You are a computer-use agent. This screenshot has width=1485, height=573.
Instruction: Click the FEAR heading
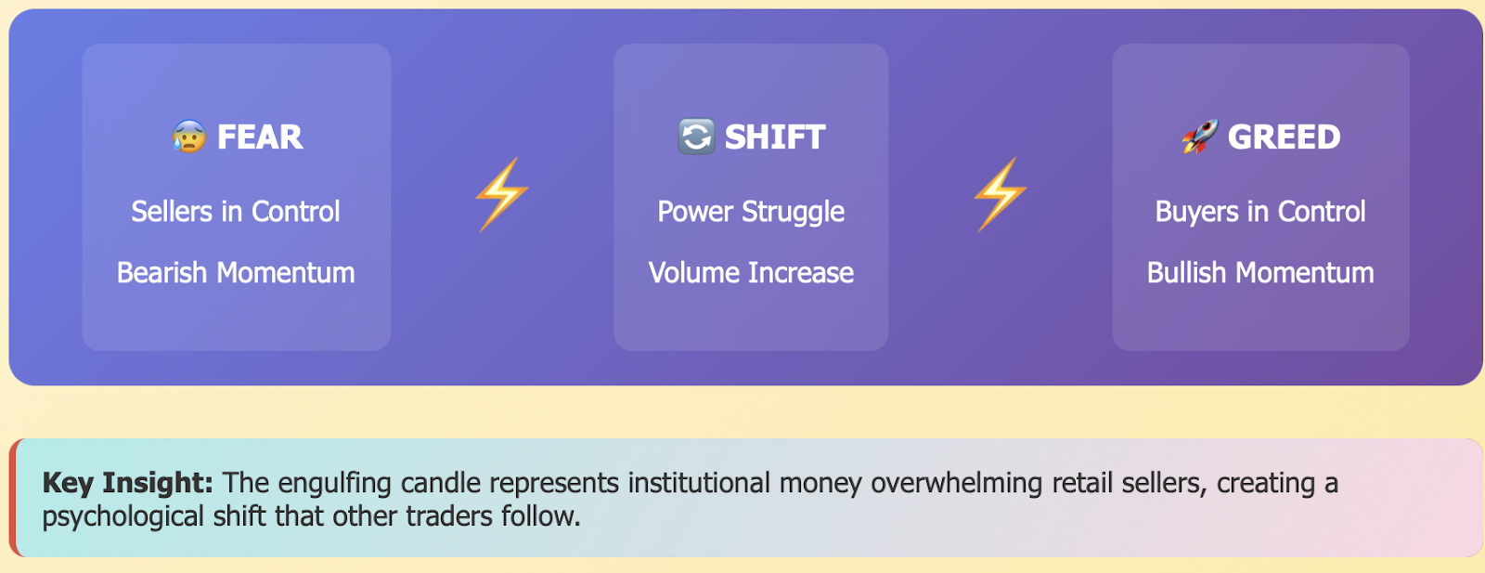(260, 137)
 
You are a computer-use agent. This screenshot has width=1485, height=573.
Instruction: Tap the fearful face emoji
(189, 137)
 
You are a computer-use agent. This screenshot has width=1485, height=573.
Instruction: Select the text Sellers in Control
(236, 212)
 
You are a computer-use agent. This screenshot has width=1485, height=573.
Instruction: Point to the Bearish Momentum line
(236, 273)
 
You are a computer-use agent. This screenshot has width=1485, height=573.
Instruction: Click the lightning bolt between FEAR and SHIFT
(502, 194)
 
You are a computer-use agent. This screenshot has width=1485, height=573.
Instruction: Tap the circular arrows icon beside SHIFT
(696, 137)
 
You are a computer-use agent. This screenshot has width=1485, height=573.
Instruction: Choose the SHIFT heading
(775, 137)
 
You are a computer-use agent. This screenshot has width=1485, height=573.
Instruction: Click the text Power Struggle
(751, 213)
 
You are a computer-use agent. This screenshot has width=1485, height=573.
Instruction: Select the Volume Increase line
(751, 273)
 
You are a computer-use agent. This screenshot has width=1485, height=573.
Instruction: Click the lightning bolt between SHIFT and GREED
(1001, 194)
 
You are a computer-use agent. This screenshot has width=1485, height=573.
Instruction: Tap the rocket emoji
(1200, 137)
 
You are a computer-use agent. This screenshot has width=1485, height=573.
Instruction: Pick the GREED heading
(1285, 137)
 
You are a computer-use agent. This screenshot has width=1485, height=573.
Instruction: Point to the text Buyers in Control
(1260, 213)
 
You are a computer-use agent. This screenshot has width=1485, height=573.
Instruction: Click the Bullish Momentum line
(1260, 273)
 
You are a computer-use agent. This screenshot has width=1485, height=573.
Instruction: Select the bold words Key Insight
(128, 483)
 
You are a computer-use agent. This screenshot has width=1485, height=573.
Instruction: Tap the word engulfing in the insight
(334, 484)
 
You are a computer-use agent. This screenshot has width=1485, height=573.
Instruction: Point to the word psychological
(123, 517)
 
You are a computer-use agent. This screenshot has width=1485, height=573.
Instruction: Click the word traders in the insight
(449, 516)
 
